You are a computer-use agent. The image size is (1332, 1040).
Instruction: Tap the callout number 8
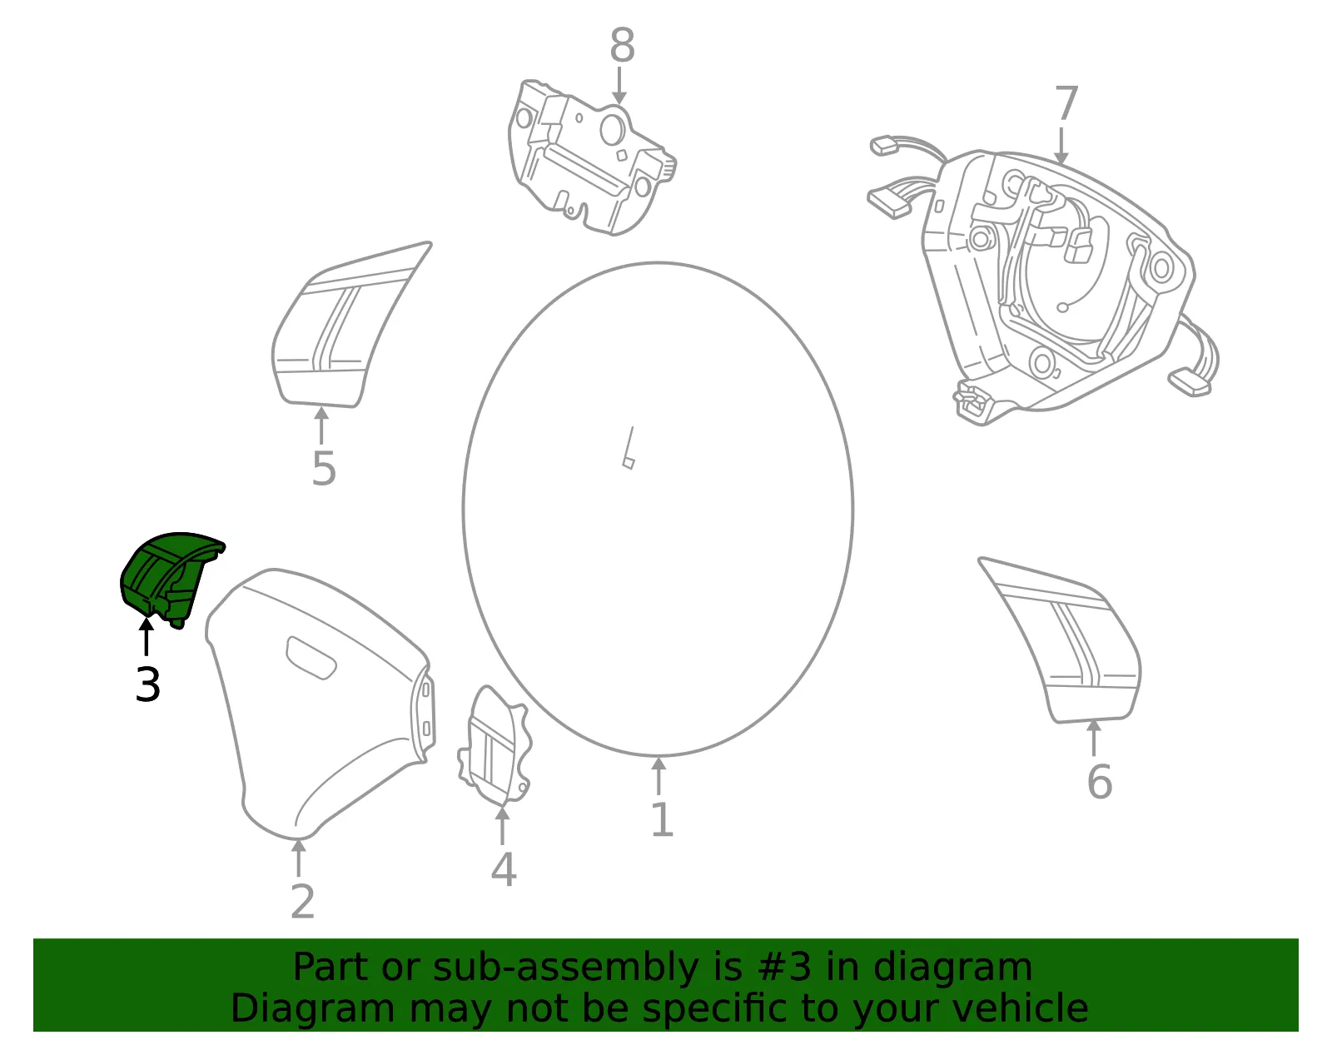[x=622, y=45]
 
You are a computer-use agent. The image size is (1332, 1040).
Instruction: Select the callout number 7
[x=1066, y=103]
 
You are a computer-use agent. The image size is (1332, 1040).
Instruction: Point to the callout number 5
[x=324, y=469]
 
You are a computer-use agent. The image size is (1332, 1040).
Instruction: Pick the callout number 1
[x=662, y=819]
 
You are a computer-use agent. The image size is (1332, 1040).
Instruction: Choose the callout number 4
[x=504, y=869]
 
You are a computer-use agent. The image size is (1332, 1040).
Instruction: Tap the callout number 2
[x=303, y=901]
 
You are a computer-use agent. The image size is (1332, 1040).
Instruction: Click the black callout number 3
[x=147, y=684]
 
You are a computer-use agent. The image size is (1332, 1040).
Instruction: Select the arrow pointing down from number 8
[x=619, y=85]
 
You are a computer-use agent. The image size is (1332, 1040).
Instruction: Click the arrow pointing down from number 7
[x=1061, y=146]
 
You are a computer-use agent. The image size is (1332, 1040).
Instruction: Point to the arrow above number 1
[x=659, y=776]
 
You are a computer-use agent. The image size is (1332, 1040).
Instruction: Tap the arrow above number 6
[x=1094, y=738]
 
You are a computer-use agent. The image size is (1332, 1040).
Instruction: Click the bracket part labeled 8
[x=592, y=158]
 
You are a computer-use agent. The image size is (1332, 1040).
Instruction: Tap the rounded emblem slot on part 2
[x=311, y=658]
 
